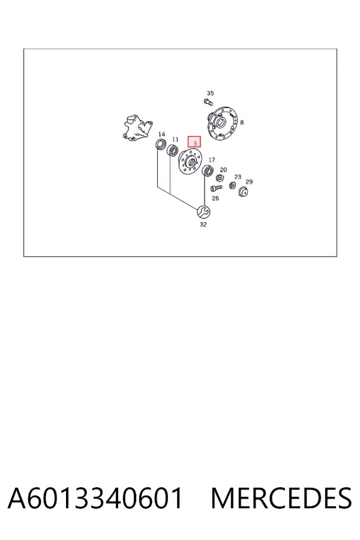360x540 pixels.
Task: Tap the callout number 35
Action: click(x=210, y=93)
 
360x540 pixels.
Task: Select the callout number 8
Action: click(x=242, y=122)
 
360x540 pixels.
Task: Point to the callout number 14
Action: click(x=161, y=134)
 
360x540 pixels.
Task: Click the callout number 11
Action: click(x=175, y=139)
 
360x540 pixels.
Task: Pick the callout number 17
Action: click(x=212, y=160)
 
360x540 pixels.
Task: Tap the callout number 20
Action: click(x=223, y=170)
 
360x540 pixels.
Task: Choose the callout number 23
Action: click(x=238, y=177)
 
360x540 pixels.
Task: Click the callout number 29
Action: click(x=249, y=182)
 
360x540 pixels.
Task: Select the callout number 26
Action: click(x=215, y=198)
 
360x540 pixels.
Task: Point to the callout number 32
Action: click(x=203, y=224)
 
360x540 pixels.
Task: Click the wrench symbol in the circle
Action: click(x=203, y=211)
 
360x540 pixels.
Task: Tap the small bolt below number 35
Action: click(x=208, y=102)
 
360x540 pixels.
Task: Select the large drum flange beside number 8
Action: click(x=223, y=123)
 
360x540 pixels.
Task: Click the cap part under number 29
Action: click(x=243, y=191)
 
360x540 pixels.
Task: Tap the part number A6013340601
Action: click(x=95, y=498)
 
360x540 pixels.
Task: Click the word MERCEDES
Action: click(x=281, y=498)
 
